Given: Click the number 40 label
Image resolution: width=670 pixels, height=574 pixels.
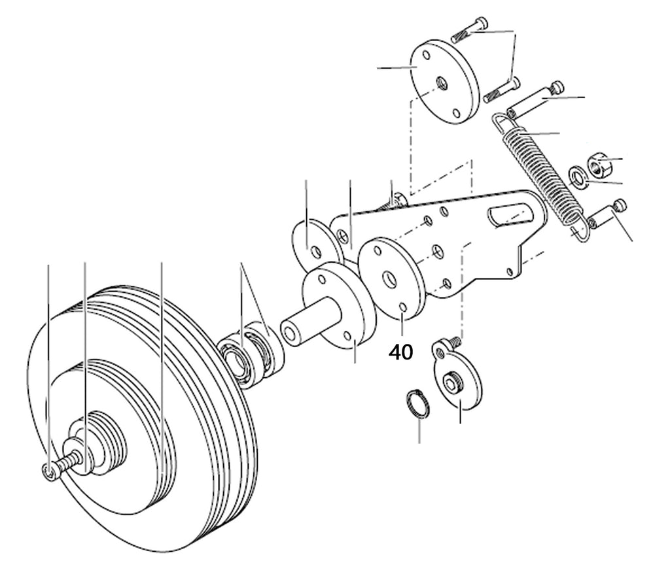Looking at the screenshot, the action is pos(401,352).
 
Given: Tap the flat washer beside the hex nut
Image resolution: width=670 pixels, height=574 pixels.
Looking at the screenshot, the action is pos(578,177).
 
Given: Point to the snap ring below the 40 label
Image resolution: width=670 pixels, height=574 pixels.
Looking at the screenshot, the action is pos(417,403).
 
